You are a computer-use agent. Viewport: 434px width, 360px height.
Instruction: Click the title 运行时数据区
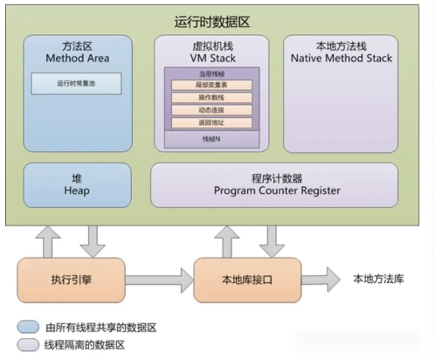tap(212, 22)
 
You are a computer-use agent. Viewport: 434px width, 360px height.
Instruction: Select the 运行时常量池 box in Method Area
tap(76, 83)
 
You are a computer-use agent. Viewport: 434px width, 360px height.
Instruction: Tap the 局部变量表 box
tap(211, 85)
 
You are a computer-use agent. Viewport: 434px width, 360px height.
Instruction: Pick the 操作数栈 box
tap(211, 97)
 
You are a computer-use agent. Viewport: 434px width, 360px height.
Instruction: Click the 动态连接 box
tap(211, 110)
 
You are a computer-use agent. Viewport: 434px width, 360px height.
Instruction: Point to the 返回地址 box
tap(211, 123)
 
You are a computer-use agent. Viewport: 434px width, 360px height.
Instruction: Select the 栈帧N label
tap(211, 139)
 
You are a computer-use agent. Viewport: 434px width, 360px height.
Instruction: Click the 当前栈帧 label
tap(211, 74)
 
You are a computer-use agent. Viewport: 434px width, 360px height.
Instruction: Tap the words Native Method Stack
tap(341, 59)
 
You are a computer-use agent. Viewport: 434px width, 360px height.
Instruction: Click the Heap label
tap(77, 190)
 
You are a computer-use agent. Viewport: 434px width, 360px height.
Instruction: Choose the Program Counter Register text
tap(277, 190)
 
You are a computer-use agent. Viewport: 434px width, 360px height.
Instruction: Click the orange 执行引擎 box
tap(71, 280)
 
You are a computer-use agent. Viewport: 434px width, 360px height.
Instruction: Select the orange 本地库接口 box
tap(247, 280)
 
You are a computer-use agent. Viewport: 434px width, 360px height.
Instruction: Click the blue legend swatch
tap(28, 327)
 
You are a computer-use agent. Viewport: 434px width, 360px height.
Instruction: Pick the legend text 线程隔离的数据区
tap(84, 345)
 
